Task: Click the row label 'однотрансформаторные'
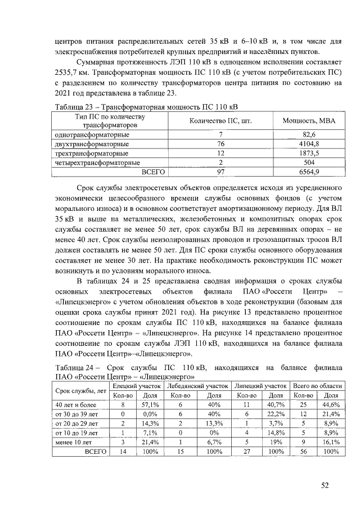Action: (91, 135)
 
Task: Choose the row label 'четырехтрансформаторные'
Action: (96, 163)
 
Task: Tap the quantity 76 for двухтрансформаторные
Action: (220, 144)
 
